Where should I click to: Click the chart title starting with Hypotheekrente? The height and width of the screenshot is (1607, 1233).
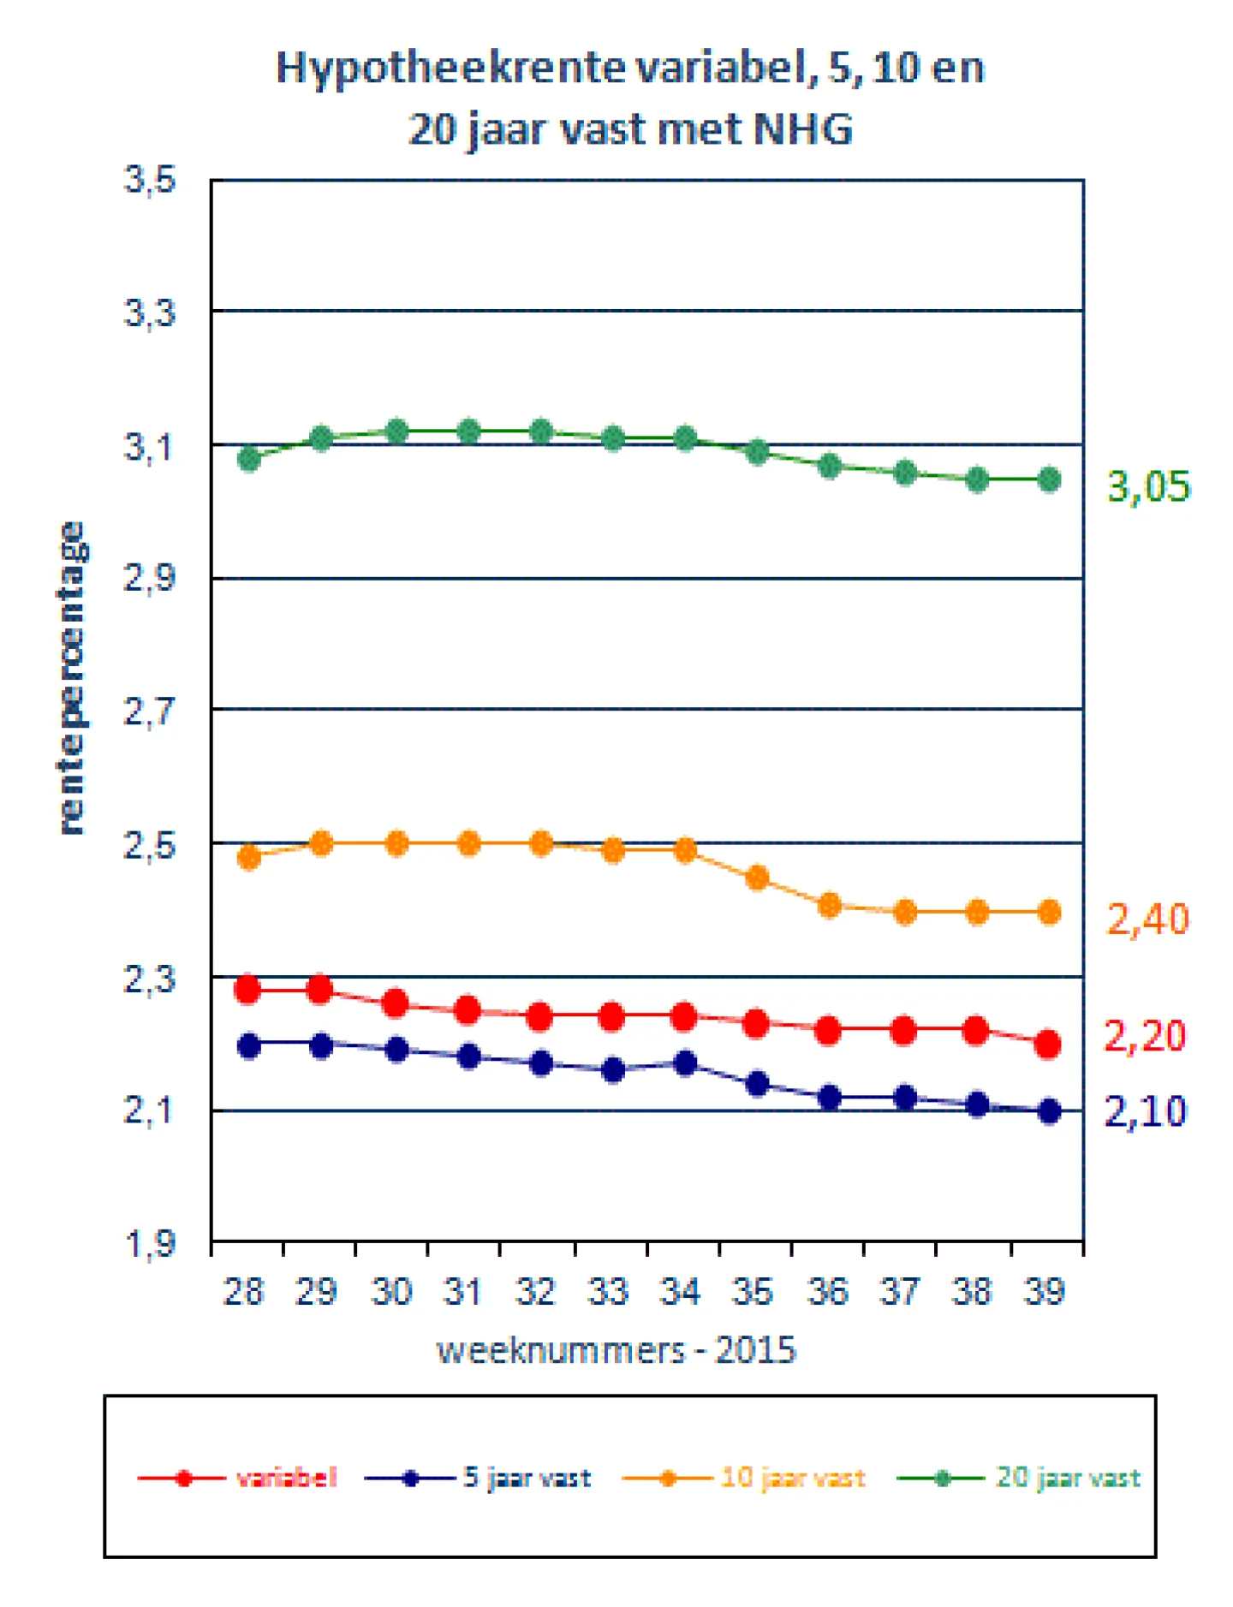click(630, 98)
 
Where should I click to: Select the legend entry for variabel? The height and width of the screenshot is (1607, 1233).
click(237, 1478)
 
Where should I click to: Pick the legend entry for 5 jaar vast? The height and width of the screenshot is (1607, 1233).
click(478, 1478)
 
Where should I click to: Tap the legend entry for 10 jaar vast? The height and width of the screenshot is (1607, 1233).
click(743, 1478)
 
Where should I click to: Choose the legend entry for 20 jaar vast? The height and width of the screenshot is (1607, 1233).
click(1019, 1478)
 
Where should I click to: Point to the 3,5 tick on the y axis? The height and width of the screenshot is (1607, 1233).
click(150, 181)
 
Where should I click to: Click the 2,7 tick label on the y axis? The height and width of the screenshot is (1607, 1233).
click(150, 711)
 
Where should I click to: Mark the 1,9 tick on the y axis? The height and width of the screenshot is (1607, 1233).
click(150, 1243)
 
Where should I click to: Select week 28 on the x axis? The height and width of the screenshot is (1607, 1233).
click(244, 1291)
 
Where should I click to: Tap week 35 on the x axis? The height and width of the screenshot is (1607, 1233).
click(753, 1291)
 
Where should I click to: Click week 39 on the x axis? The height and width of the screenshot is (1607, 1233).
click(1044, 1291)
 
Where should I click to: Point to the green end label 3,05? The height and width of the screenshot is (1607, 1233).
click(1148, 487)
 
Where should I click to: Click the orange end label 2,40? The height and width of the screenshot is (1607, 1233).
click(1147, 920)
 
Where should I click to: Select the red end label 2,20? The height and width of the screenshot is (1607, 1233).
click(1145, 1036)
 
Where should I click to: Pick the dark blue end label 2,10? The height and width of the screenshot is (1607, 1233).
click(1145, 1111)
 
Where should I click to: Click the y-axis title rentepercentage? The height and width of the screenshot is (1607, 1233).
click(72, 677)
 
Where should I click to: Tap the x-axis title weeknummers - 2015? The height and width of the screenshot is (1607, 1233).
click(616, 1350)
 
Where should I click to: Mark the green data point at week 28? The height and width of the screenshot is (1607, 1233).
click(249, 460)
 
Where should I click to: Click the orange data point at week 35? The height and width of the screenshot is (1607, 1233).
click(757, 878)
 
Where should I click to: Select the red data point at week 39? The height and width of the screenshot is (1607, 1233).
click(1048, 1045)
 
